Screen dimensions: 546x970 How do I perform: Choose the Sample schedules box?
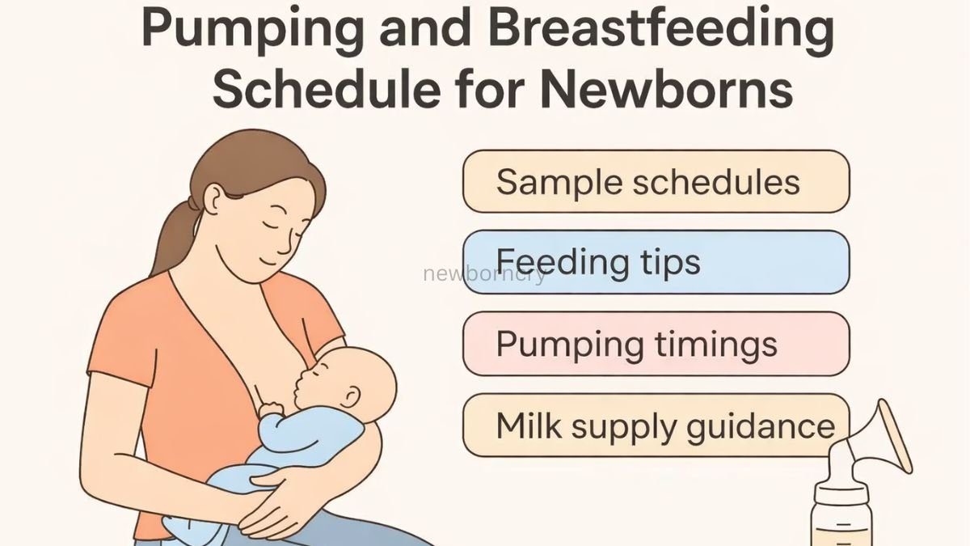coord(656,181)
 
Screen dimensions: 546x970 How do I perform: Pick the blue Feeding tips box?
coord(656,262)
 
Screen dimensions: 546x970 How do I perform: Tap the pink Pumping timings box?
coord(656,343)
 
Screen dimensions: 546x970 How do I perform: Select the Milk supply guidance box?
coord(656,425)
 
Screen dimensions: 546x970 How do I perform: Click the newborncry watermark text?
coord(484,273)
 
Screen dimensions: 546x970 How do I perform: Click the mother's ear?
coord(213,199)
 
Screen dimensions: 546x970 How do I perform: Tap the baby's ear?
coord(350,396)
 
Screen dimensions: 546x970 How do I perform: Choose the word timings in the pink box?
coord(712,345)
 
